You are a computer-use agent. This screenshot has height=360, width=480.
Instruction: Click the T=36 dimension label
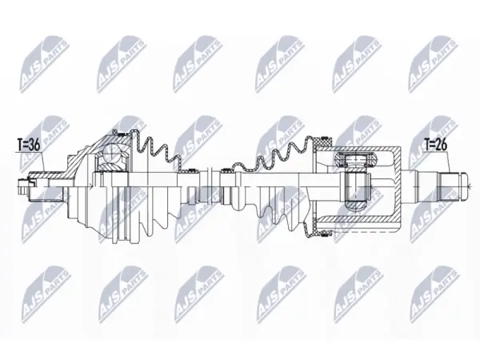coord(29,146)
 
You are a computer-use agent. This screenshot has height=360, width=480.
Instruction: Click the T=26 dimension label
coord(436,144)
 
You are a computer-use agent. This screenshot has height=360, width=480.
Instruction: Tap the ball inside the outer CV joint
coord(113,152)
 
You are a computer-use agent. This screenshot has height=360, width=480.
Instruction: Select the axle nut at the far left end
coord(23,186)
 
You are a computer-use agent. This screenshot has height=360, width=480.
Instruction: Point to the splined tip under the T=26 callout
coord(450,186)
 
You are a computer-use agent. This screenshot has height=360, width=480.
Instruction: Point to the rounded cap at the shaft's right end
coord(463,186)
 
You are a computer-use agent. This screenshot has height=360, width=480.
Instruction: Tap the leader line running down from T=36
coord(43,162)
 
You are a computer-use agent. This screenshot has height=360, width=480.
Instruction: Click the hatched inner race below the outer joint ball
coord(112,166)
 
